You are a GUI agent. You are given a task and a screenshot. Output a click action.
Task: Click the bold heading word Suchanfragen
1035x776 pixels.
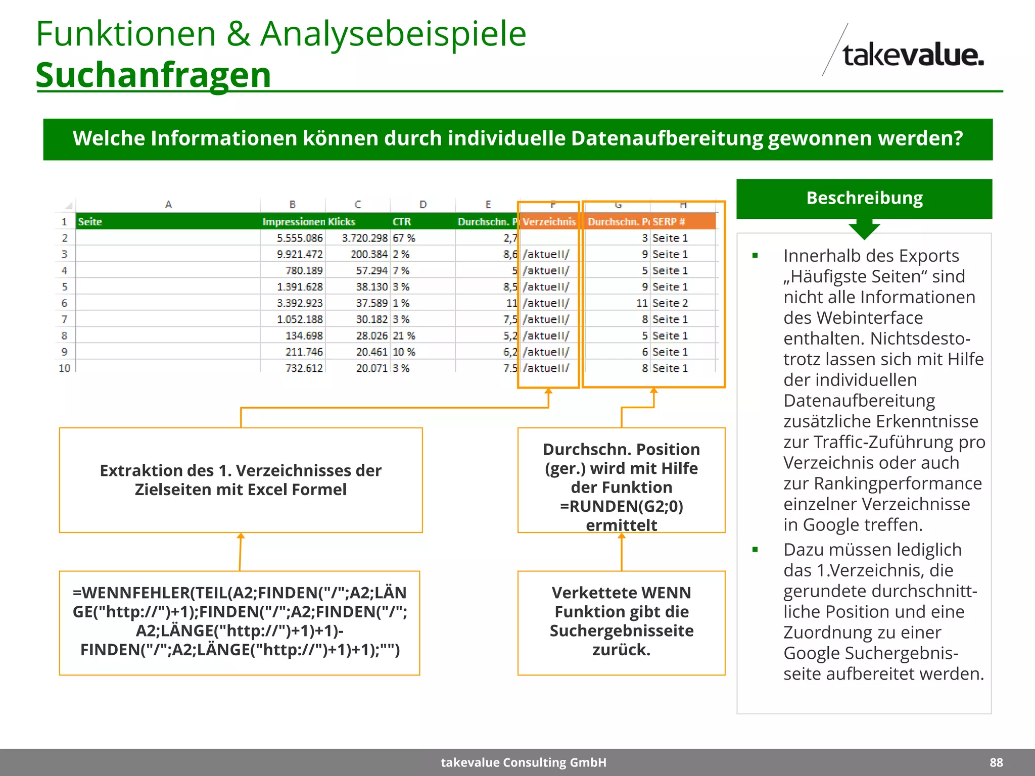click(153, 75)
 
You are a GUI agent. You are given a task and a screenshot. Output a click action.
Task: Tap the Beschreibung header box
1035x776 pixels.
click(864, 198)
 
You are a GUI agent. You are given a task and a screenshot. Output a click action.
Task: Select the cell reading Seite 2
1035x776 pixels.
click(670, 303)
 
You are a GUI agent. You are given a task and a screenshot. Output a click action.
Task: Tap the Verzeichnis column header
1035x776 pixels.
click(549, 222)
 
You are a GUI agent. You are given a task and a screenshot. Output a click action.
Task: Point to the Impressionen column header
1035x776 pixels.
click(293, 222)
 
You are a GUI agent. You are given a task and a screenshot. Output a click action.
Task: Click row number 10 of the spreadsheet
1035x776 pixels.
click(64, 368)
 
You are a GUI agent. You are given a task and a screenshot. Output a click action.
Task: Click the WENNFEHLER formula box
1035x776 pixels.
click(240, 622)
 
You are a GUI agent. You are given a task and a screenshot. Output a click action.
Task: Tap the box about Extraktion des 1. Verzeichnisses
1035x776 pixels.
click(241, 480)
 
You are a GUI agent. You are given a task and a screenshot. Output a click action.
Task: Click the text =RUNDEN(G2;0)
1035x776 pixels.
click(621, 506)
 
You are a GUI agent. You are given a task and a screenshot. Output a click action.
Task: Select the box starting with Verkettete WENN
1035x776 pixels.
click(621, 622)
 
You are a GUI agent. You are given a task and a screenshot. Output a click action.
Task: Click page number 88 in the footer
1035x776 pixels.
click(996, 762)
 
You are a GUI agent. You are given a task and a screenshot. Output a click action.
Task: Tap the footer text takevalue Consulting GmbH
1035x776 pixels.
click(523, 762)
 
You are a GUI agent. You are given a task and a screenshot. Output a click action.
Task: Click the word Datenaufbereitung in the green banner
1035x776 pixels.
click(667, 138)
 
